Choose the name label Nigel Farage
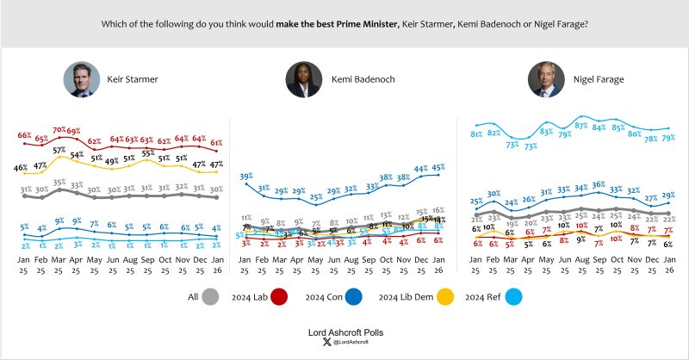tap(599, 80)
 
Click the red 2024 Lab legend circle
tap(279, 298)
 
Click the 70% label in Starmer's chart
tap(59, 130)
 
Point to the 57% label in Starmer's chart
tap(59, 150)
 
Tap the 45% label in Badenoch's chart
tap(438, 168)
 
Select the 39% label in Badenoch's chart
tap(246, 175)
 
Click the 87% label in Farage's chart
tap(581, 126)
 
